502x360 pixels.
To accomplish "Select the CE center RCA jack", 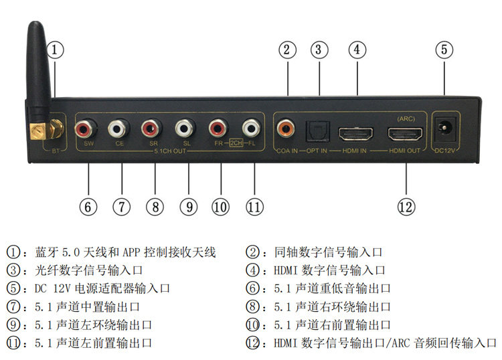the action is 120,126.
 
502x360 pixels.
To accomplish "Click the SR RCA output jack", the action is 153,126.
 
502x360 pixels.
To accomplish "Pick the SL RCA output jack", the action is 185,126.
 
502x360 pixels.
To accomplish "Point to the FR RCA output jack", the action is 219,126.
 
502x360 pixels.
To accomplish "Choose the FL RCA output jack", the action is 252,126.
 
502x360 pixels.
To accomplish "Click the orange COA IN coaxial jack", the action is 287,126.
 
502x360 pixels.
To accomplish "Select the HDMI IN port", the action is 355,132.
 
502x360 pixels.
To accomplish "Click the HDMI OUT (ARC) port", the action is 405,132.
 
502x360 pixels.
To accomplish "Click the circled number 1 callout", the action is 56,50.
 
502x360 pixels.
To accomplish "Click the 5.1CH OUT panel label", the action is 171,151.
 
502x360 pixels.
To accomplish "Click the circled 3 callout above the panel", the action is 320,50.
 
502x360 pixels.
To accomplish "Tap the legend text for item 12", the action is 375,343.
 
